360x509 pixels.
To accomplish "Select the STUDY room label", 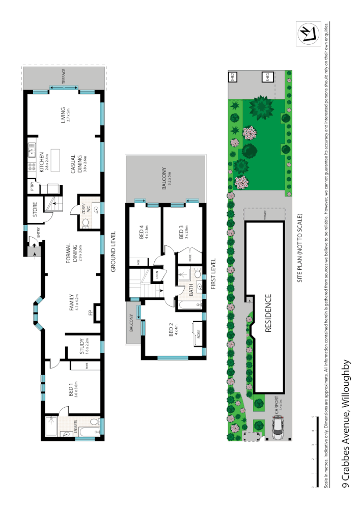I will (81, 347).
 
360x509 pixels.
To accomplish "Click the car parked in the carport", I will (278, 427).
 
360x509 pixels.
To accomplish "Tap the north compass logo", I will (308, 34).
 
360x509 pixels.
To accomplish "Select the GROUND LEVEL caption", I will (114, 251).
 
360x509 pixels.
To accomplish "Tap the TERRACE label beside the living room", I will (64, 77).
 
